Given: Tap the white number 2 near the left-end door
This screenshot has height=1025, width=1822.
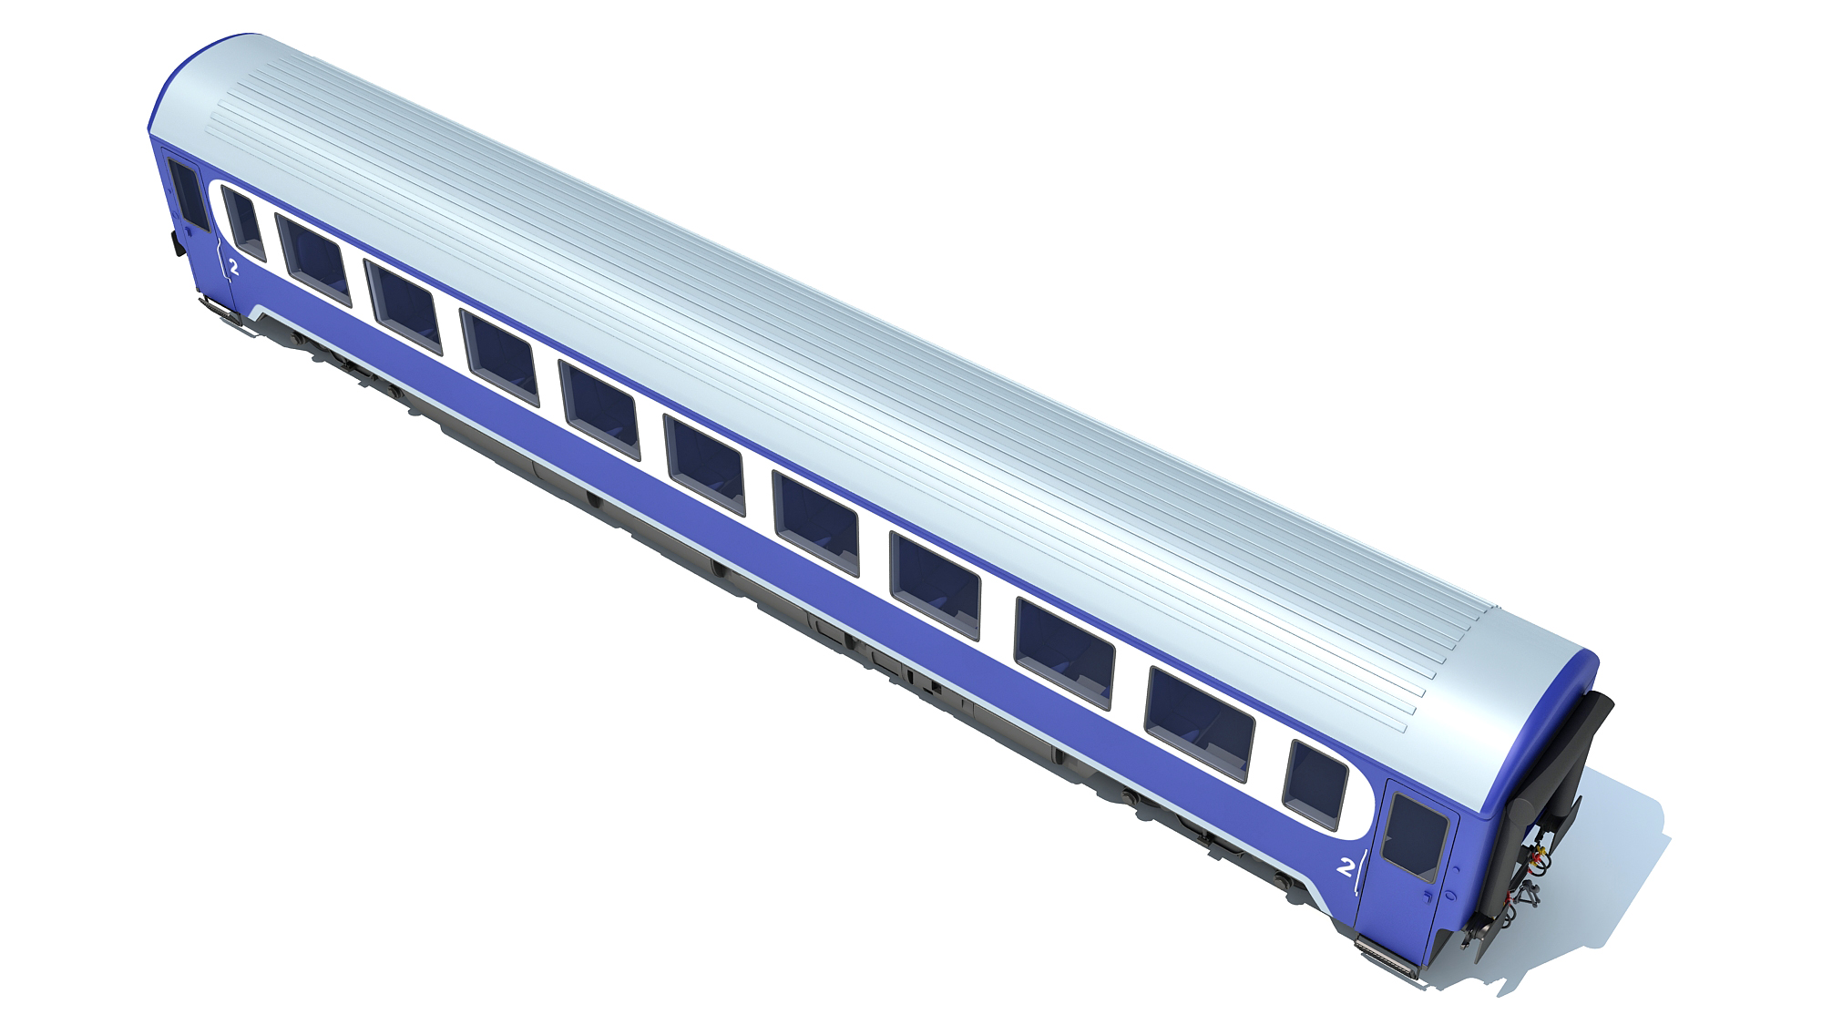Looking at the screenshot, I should click(234, 267).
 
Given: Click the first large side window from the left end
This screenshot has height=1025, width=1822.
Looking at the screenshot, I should click(312, 259).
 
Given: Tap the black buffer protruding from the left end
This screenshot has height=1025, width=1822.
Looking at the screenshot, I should click(173, 243).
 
